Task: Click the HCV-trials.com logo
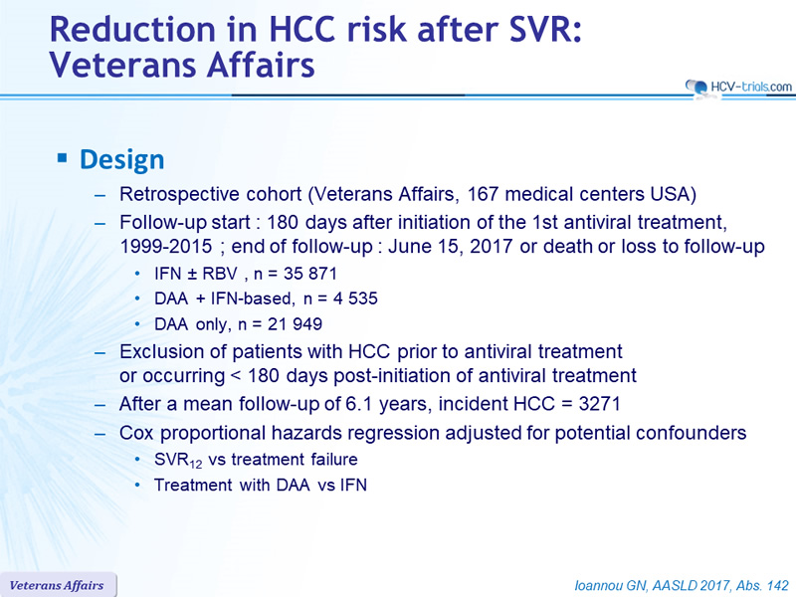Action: click(738, 88)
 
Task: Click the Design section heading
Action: click(121, 159)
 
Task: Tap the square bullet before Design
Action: click(62, 158)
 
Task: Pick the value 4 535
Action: click(355, 298)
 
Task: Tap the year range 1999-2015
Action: click(166, 246)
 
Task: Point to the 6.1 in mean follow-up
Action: click(359, 404)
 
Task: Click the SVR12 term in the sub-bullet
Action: click(178, 461)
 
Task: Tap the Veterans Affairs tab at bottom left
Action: click(57, 585)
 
